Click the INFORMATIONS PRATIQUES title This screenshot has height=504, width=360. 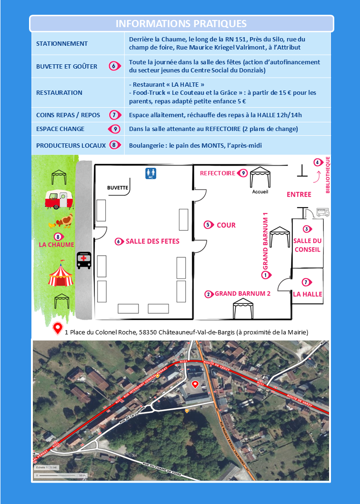pyautogui.click(x=181, y=24)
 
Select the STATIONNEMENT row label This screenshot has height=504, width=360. pyautogui.click(x=62, y=44)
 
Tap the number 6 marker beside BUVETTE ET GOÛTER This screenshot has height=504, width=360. pyautogui.click(x=114, y=66)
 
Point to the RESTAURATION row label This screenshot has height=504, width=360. pyautogui.click(x=59, y=92)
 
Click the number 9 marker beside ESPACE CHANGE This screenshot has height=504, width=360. pyautogui.click(x=114, y=129)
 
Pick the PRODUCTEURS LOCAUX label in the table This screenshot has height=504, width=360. pyautogui.click(x=71, y=145)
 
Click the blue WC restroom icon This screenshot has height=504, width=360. pyautogui.click(x=151, y=173)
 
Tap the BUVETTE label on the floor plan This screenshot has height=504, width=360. pyautogui.click(x=118, y=188)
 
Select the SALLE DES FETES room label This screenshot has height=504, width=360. pyautogui.click(x=152, y=242)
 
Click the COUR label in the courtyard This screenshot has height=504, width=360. pyautogui.click(x=226, y=225)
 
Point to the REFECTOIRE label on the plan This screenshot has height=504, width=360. pyautogui.click(x=218, y=173)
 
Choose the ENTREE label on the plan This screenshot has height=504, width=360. pyautogui.click(x=299, y=194)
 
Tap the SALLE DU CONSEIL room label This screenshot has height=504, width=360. pyautogui.click(x=307, y=245)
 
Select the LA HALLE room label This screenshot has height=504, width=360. pyautogui.click(x=307, y=294)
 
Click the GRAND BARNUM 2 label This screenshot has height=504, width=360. pyautogui.click(x=242, y=294)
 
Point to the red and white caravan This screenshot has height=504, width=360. pyautogui.click(x=59, y=199)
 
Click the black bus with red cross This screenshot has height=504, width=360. pyautogui.click(x=84, y=260)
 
